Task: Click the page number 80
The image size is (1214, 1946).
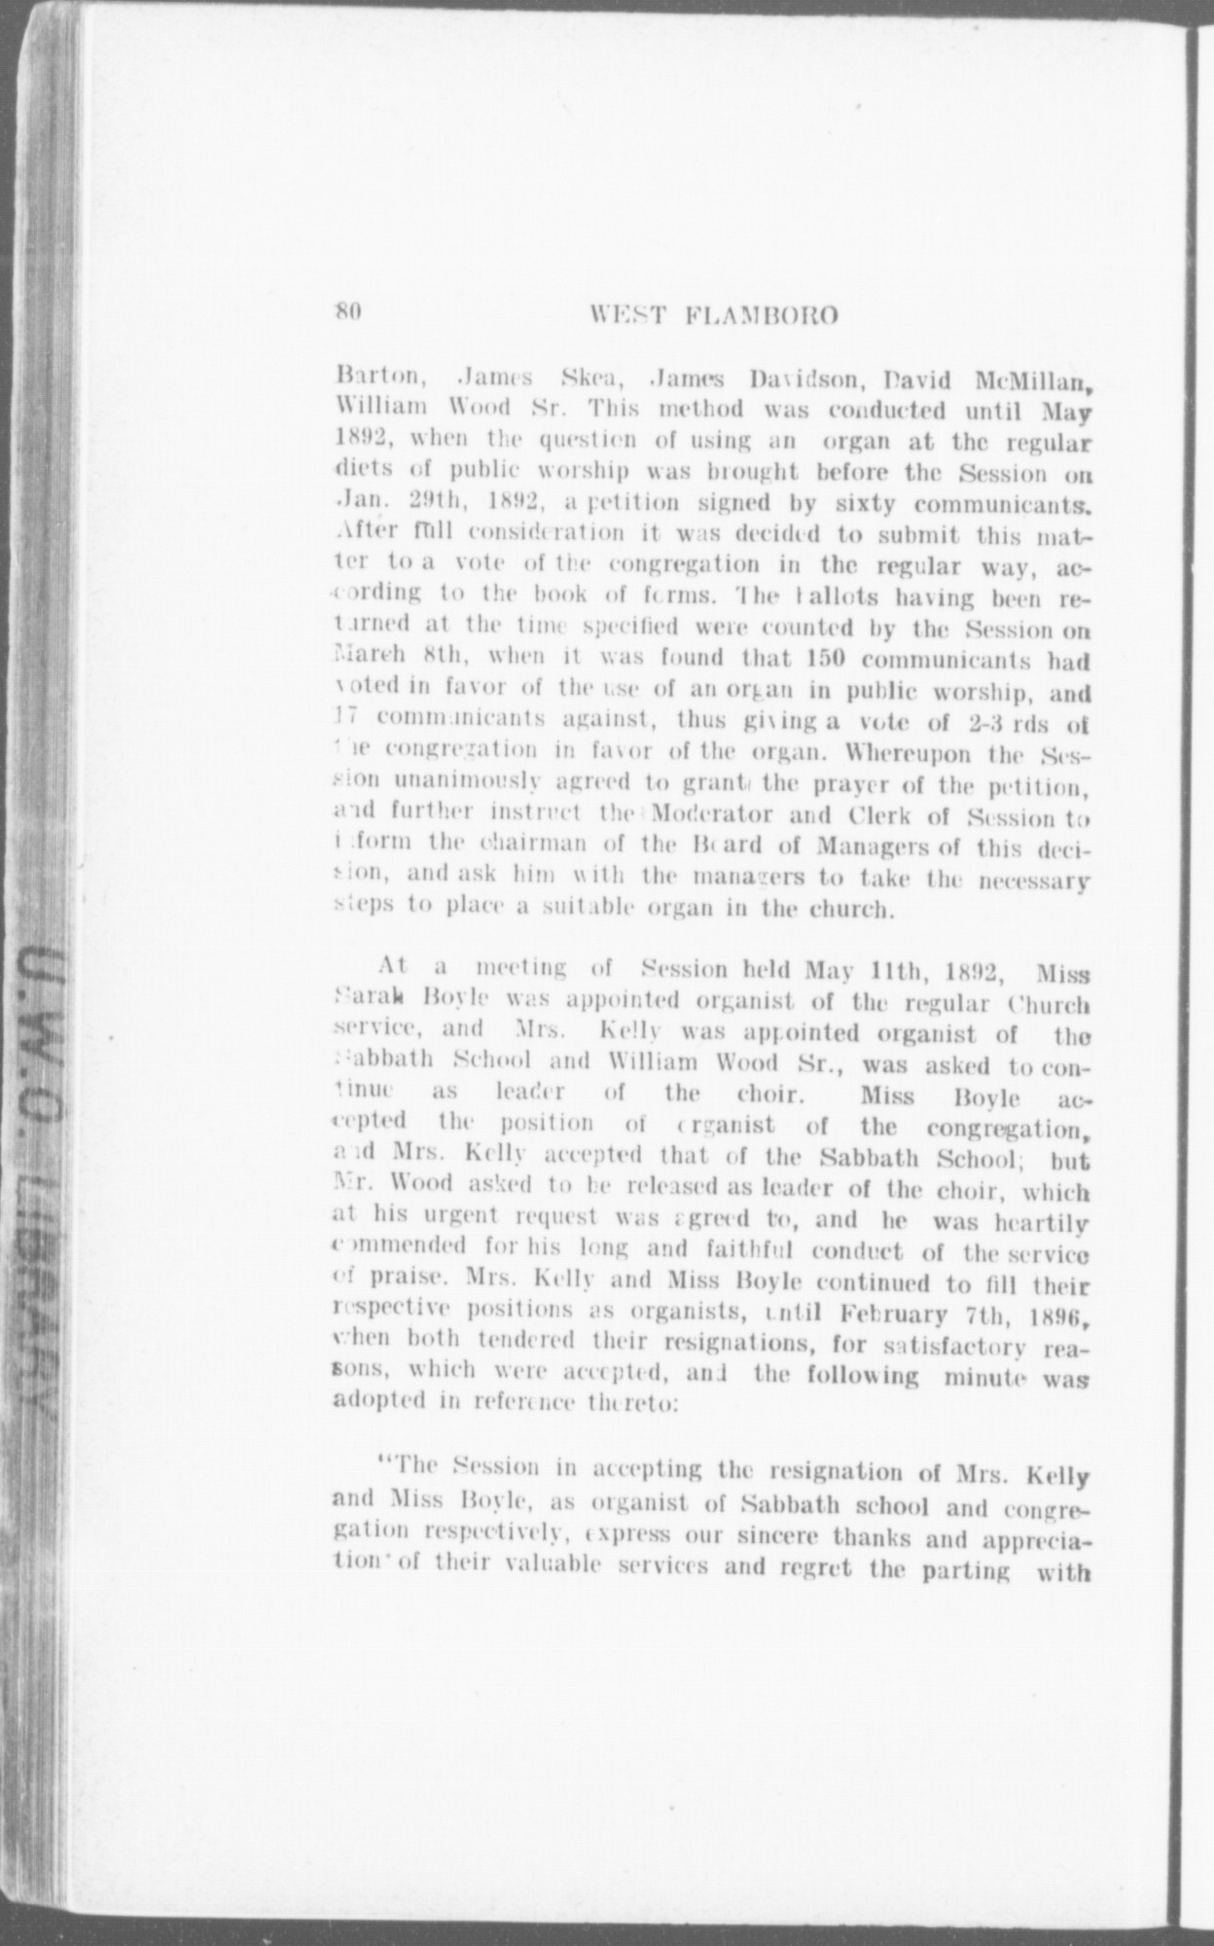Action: [x=347, y=312]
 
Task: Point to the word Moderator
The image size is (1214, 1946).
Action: [x=709, y=814]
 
